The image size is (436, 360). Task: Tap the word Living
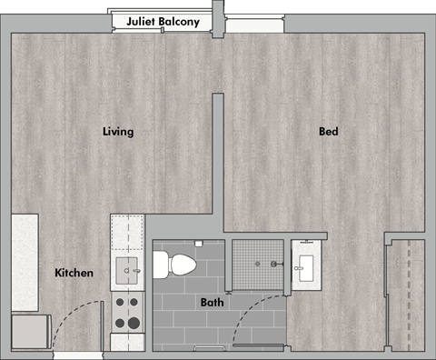pyautogui.click(x=118, y=132)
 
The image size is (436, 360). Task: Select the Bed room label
pyautogui.click(x=328, y=132)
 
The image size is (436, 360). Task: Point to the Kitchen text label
pyautogui.click(x=74, y=273)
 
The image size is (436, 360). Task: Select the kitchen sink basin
pyautogui.click(x=128, y=268)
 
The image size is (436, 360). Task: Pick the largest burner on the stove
pyautogui.click(x=133, y=323)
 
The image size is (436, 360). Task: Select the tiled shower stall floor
pyautogui.click(x=259, y=265)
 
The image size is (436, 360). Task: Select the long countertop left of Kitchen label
pyautogui.click(x=25, y=262)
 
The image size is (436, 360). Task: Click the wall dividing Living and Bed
pyautogui.click(x=218, y=155)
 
